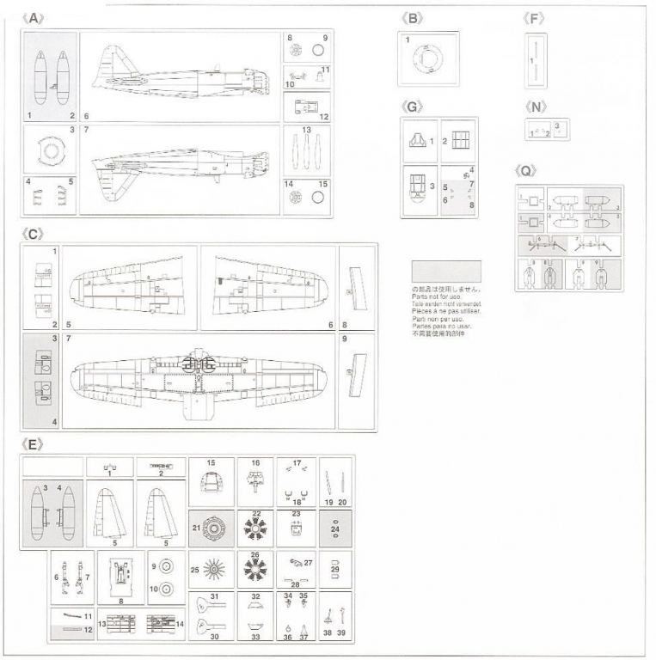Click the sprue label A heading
[34, 18]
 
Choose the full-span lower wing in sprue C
[199, 376]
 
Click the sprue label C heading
[34, 233]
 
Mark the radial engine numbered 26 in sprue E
[255, 569]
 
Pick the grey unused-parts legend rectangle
[446, 272]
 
